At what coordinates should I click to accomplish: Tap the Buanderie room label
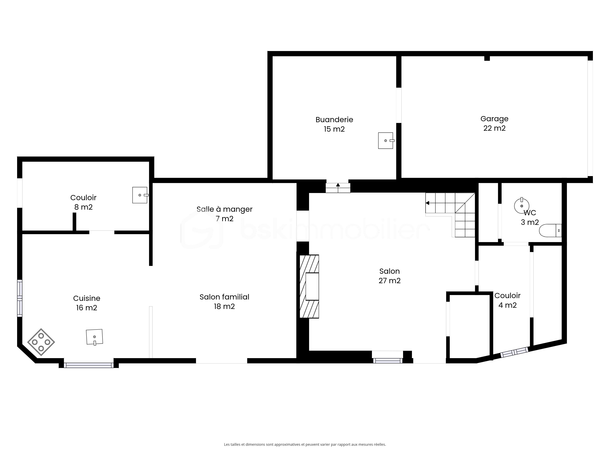(x=334, y=120)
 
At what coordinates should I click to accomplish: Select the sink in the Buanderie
(x=386, y=141)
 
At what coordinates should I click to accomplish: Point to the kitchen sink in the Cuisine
(x=95, y=337)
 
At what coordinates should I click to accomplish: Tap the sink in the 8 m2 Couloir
(x=140, y=195)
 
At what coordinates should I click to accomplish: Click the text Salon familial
(x=224, y=297)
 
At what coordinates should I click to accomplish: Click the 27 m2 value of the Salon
(x=389, y=281)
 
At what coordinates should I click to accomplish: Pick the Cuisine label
(x=87, y=298)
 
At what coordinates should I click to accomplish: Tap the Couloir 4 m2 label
(x=507, y=300)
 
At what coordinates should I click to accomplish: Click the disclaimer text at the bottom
(x=305, y=429)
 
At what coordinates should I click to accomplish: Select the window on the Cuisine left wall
(x=20, y=298)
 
